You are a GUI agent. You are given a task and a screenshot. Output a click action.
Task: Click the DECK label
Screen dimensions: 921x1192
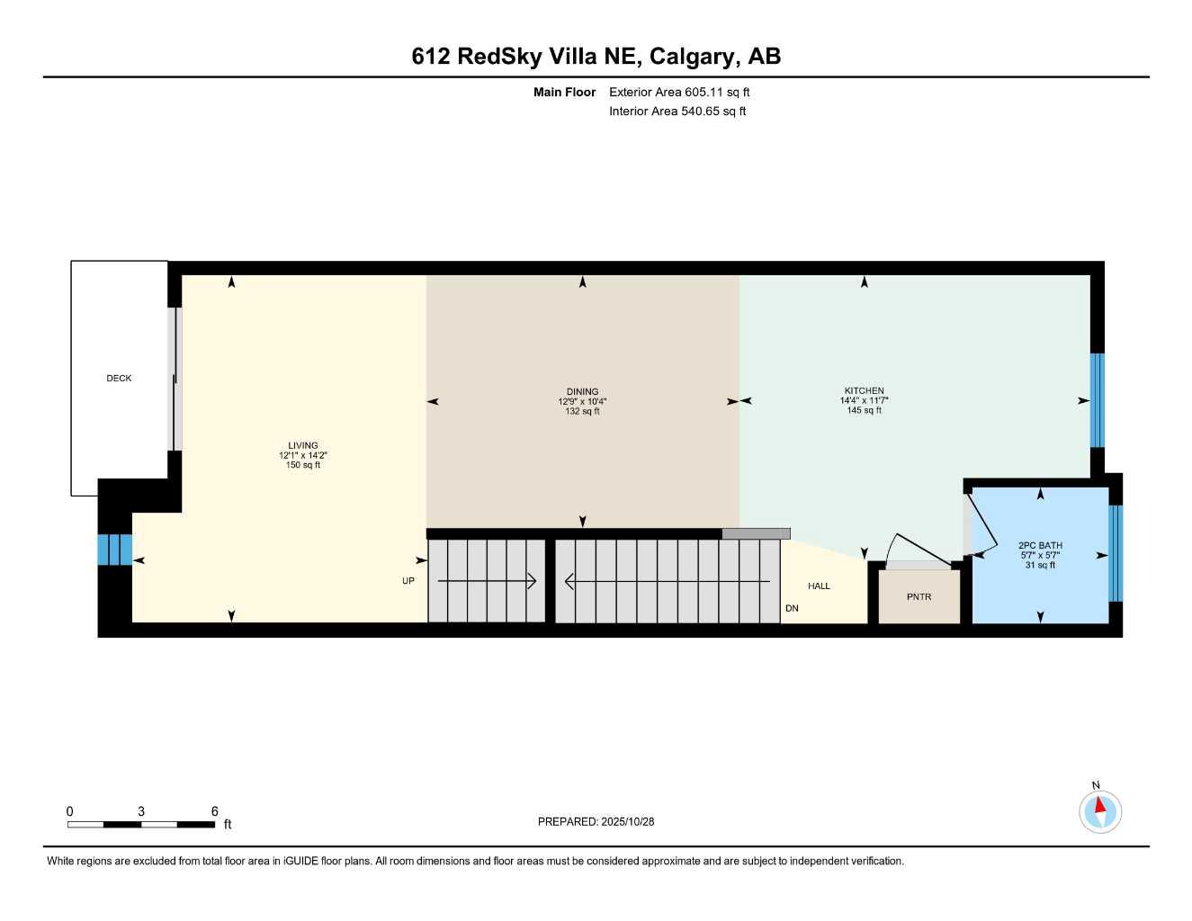pos(119,379)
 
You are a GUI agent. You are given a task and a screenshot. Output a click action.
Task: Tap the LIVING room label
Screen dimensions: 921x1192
pos(303,445)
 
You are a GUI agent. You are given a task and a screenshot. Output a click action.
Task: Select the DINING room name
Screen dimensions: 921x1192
pos(583,391)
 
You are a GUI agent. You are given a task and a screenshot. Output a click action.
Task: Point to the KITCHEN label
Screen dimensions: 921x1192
pos(864,390)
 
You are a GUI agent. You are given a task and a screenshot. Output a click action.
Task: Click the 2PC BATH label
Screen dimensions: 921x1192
pos(1040,545)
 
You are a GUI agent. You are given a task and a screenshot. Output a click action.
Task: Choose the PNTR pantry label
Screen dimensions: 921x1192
pos(919,597)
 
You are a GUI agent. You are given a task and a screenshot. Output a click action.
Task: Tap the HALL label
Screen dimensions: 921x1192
pos(819,586)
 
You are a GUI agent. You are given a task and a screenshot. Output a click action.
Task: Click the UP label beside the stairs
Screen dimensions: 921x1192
pos(408,581)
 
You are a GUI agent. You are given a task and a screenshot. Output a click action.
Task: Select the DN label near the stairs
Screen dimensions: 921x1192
pos(792,609)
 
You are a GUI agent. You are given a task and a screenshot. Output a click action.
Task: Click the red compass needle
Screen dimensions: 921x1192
pos(1099,804)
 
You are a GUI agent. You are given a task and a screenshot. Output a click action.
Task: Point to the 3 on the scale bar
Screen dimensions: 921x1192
pos(141,811)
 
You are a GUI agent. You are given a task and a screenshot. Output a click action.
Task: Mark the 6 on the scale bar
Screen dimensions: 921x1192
pos(215,811)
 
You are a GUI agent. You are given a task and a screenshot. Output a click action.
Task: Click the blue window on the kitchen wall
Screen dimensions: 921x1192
pos(1097,400)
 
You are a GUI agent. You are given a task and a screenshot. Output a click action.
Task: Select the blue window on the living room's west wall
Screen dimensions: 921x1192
pos(114,550)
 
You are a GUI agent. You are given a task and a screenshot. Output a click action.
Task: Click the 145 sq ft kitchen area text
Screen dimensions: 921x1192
pos(864,411)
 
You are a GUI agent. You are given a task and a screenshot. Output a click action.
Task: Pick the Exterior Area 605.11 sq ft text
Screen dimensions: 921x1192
pos(679,92)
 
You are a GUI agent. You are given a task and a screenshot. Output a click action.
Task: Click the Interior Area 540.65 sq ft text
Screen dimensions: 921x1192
pos(677,112)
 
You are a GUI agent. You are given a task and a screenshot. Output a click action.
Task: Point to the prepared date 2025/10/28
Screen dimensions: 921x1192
pos(628,821)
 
